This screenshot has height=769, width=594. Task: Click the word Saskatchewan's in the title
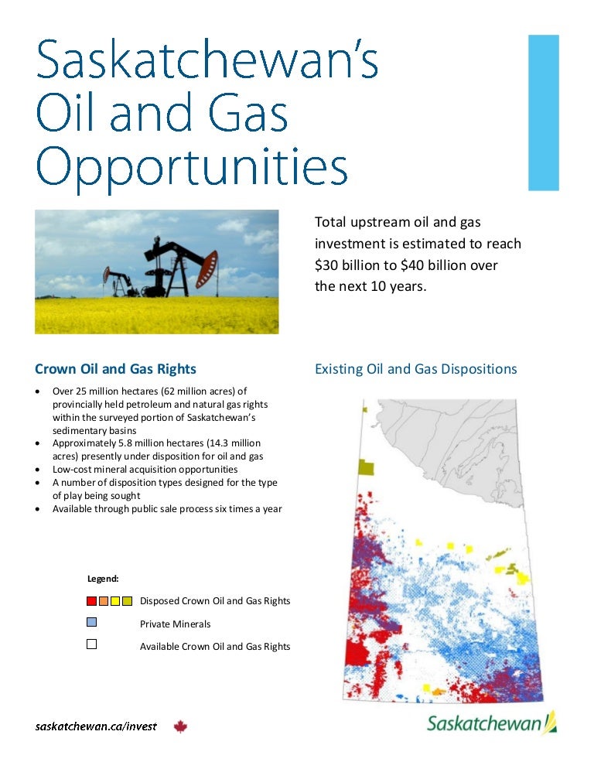pyautogui.click(x=207, y=61)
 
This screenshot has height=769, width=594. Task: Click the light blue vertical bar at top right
pyautogui.click(x=543, y=112)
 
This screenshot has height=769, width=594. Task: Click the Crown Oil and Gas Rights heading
pyautogui.click(x=116, y=369)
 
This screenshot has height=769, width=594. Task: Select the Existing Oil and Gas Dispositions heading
pyautogui.click(x=415, y=369)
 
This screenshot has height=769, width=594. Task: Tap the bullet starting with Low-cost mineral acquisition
pyautogui.click(x=145, y=470)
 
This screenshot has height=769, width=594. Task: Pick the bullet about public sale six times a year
pyautogui.click(x=166, y=509)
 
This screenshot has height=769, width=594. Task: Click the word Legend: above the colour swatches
pyautogui.click(x=103, y=578)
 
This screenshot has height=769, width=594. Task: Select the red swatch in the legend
pyautogui.click(x=92, y=601)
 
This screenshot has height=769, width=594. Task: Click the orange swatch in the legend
pyautogui.click(x=104, y=601)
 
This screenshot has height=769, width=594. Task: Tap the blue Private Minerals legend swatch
pyautogui.click(x=92, y=622)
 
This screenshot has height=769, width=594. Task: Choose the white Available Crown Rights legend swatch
pyautogui.click(x=92, y=644)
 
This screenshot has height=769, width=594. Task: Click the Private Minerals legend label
pyautogui.click(x=175, y=624)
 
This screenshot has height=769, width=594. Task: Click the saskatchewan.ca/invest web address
pyautogui.click(x=96, y=726)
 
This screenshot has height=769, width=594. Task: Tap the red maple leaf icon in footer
pyautogui.click(x=181, y=726)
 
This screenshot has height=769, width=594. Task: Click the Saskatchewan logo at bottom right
pyautogui.click(x=492, y=723)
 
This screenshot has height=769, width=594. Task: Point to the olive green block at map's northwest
pyautogui.click(x=365, y=467)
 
